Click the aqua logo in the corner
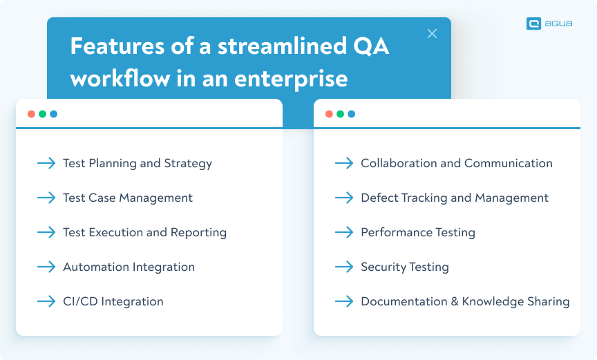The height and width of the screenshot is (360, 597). click(549, 23)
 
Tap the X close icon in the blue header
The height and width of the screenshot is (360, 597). click(432, 33)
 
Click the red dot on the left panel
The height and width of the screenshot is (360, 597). click(31, 114)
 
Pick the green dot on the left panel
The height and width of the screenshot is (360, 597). click(42, 114)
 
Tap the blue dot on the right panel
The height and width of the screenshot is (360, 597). click(351, 114)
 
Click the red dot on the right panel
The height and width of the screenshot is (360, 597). click(329, 114)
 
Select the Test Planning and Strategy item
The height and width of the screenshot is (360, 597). click(137, 163)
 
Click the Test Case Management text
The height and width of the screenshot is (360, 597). click(127, 198)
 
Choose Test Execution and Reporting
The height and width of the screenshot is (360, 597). click(144, 232)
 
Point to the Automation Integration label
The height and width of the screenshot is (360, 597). click(129, 267)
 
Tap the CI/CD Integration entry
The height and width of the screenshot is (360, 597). click(113, 301)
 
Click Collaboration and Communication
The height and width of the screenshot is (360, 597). click(456, 163)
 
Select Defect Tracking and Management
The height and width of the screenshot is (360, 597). click(454, 198)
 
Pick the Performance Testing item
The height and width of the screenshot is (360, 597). click(417, 232)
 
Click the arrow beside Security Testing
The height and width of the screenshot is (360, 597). click(344, 267)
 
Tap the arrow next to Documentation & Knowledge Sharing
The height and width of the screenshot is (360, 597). click(344, 301)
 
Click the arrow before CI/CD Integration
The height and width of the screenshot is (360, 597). click(46, 301)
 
